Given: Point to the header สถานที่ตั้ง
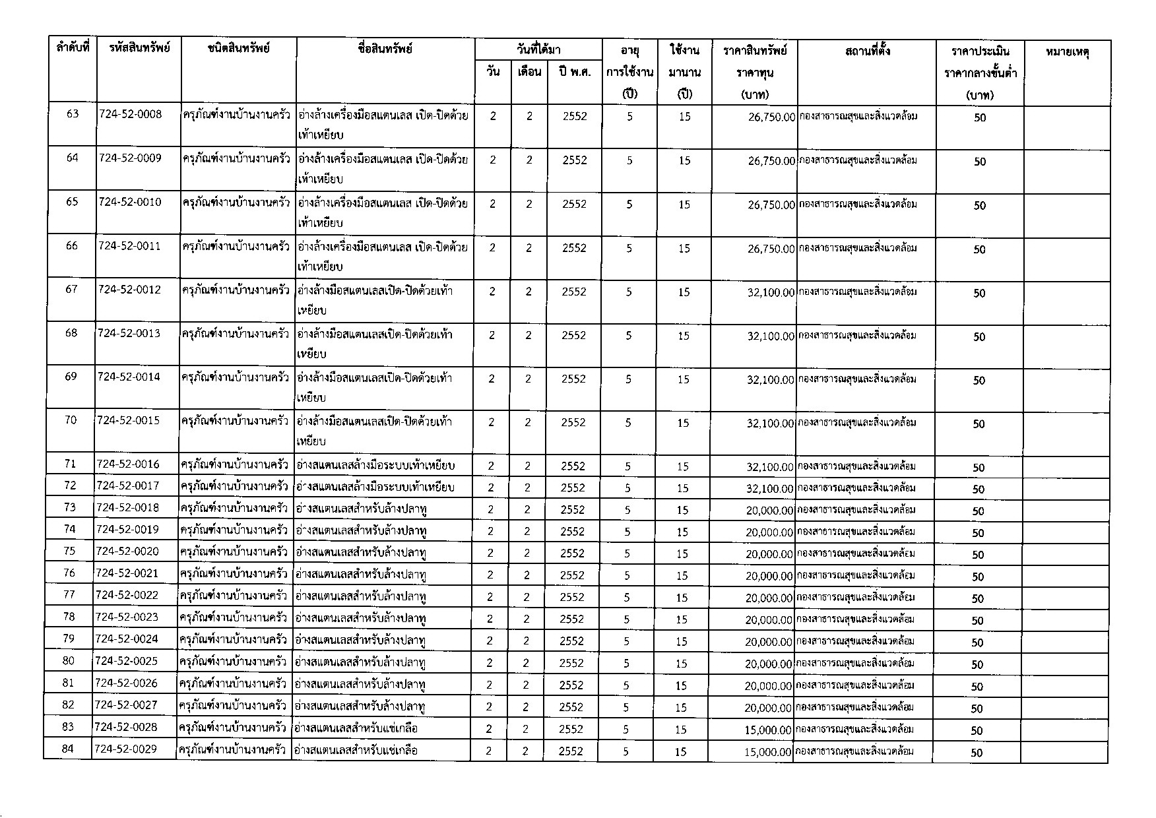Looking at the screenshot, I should click(867, 50).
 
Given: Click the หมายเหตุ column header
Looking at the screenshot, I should click(1067, 51).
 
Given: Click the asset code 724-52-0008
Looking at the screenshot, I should click(130, 114).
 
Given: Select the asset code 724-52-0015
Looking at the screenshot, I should click(128, 420).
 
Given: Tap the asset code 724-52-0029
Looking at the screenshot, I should click(126, 749).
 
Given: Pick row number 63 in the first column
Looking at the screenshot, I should click(73, 114).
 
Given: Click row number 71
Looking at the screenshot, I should click(71, 464).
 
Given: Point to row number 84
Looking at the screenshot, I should click(68, 749).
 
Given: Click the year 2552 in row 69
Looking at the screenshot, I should click(573, 379).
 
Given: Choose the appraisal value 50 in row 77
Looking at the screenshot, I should click(978, 598).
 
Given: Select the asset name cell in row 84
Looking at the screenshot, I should click(356, 750).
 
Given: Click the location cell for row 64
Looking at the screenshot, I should click(857, 160).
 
